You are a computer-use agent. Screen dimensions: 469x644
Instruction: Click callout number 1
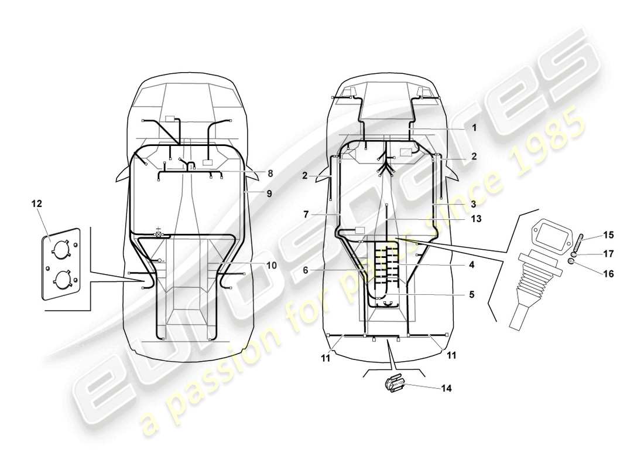tap(474, 127)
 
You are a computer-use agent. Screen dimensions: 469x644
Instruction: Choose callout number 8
tap(270, 173)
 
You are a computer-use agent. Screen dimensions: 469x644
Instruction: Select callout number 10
tap(271, 265)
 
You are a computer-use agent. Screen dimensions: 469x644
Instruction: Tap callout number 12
tap(37, 203)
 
